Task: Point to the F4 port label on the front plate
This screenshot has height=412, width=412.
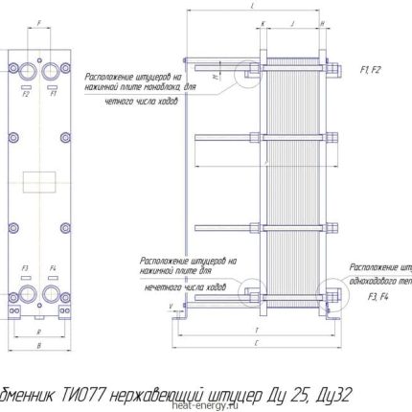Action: [x=53, y=267]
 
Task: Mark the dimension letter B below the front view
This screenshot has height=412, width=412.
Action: [x=39, y=342]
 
